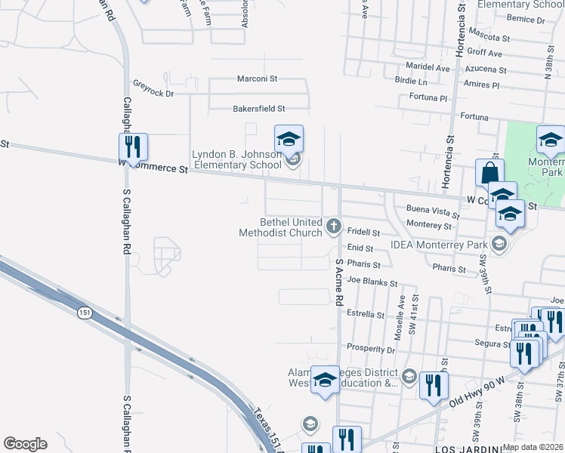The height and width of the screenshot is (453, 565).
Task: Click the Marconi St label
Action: tap(258, 79)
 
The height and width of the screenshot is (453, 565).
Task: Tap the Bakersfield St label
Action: tap(258, 109)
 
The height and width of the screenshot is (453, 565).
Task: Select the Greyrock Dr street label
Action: tap(153, 88)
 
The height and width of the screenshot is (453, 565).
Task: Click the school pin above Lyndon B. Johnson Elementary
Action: tap(288, 139)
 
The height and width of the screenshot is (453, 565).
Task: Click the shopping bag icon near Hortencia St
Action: tap(489, 172)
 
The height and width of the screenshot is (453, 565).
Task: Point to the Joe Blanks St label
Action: tap(372, 282)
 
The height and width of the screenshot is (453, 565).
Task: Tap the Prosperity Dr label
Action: tap(371, 350)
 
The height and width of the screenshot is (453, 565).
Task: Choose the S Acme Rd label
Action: tap(339, 280)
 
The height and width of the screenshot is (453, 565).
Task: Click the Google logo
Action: tap(25, 444)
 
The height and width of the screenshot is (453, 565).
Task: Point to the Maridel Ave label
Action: tap(427, 68)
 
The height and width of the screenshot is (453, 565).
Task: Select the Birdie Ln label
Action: tap(411, 81)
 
